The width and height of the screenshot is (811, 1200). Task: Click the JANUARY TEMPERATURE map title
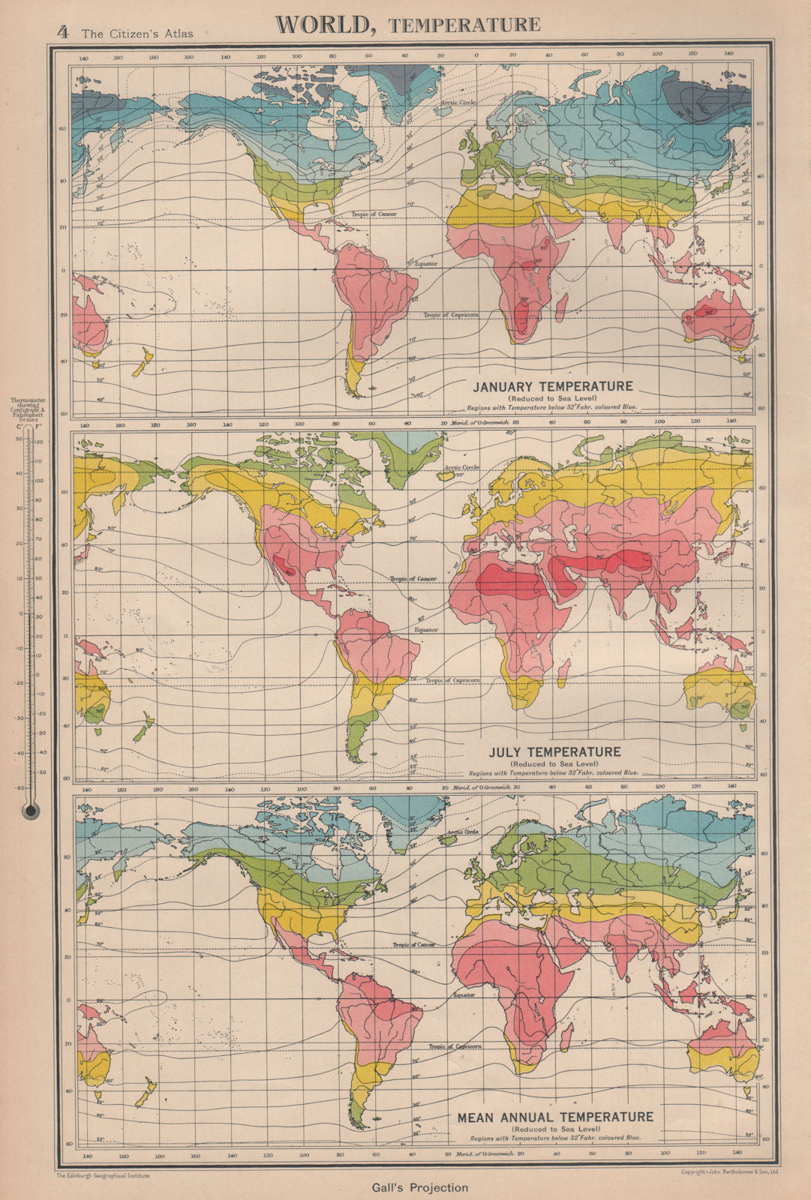tap(552, 386)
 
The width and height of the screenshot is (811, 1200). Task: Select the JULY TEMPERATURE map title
tap(554, 751)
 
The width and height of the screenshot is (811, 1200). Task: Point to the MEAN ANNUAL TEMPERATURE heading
tap(555, 1117)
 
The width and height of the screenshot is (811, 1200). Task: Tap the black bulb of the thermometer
tap(31, 810)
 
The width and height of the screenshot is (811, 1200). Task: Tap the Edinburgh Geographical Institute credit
tap(102, 1176)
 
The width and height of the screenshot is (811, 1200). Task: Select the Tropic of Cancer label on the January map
tap(374, 214)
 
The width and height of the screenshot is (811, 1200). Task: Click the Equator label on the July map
tap(426, 630)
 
